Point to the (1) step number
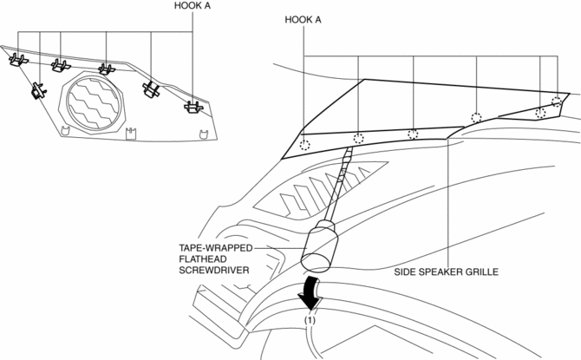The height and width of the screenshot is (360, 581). click(310, 320)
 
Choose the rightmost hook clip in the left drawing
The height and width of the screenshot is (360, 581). click(193, 108)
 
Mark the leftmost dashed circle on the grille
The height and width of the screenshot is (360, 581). click(304, 144)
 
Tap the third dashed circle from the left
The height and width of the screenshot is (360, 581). click(413, 134)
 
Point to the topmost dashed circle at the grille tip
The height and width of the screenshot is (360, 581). click(556, 101)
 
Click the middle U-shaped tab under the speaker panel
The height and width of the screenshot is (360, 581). click(131, 134)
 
